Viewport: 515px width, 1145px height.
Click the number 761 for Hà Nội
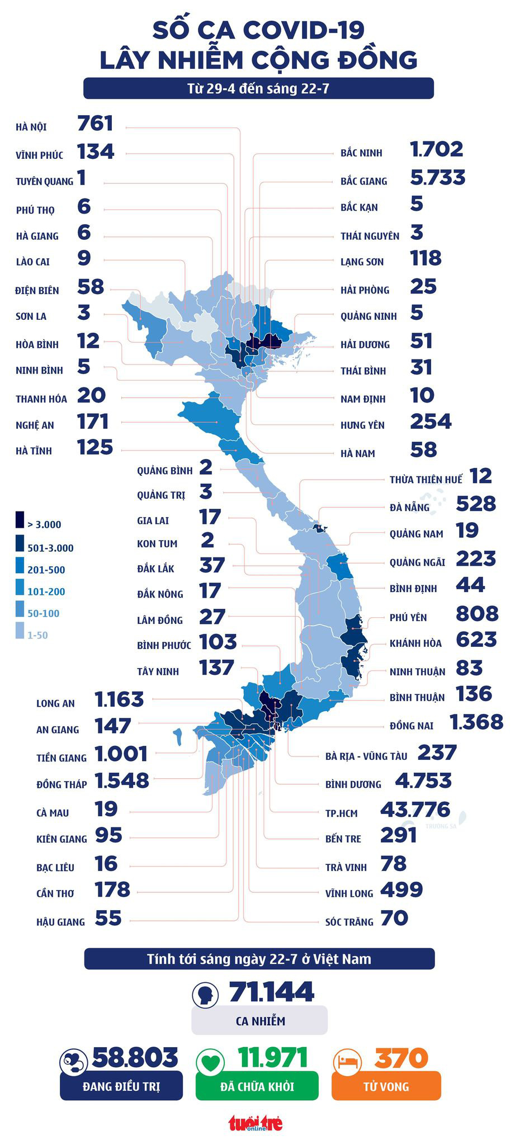click(x=95, y=124)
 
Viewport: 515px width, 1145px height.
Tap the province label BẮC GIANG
click(x=363, y=181)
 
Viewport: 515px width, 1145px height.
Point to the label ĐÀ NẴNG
click(x=409, y=508)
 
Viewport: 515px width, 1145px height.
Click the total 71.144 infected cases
click(x=272, y=992)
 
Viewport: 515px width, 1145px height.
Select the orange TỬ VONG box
click(x=386, y=1086)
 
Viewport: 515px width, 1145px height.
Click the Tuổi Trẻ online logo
click(x=255, y=1123)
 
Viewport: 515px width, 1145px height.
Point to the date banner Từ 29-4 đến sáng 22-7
click(x=258, y=88)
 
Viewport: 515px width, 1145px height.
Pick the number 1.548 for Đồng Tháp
click(x=122, y=780)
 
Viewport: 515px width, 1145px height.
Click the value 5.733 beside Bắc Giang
click(x=437, y=178)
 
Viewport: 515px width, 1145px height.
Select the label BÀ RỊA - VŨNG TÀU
click(x=366, y=756)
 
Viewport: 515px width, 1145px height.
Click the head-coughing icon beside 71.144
click(x=205, y=995)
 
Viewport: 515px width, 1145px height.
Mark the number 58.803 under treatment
click(x=135, y=1057)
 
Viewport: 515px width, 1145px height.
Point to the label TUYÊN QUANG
click(x=44, y=181)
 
